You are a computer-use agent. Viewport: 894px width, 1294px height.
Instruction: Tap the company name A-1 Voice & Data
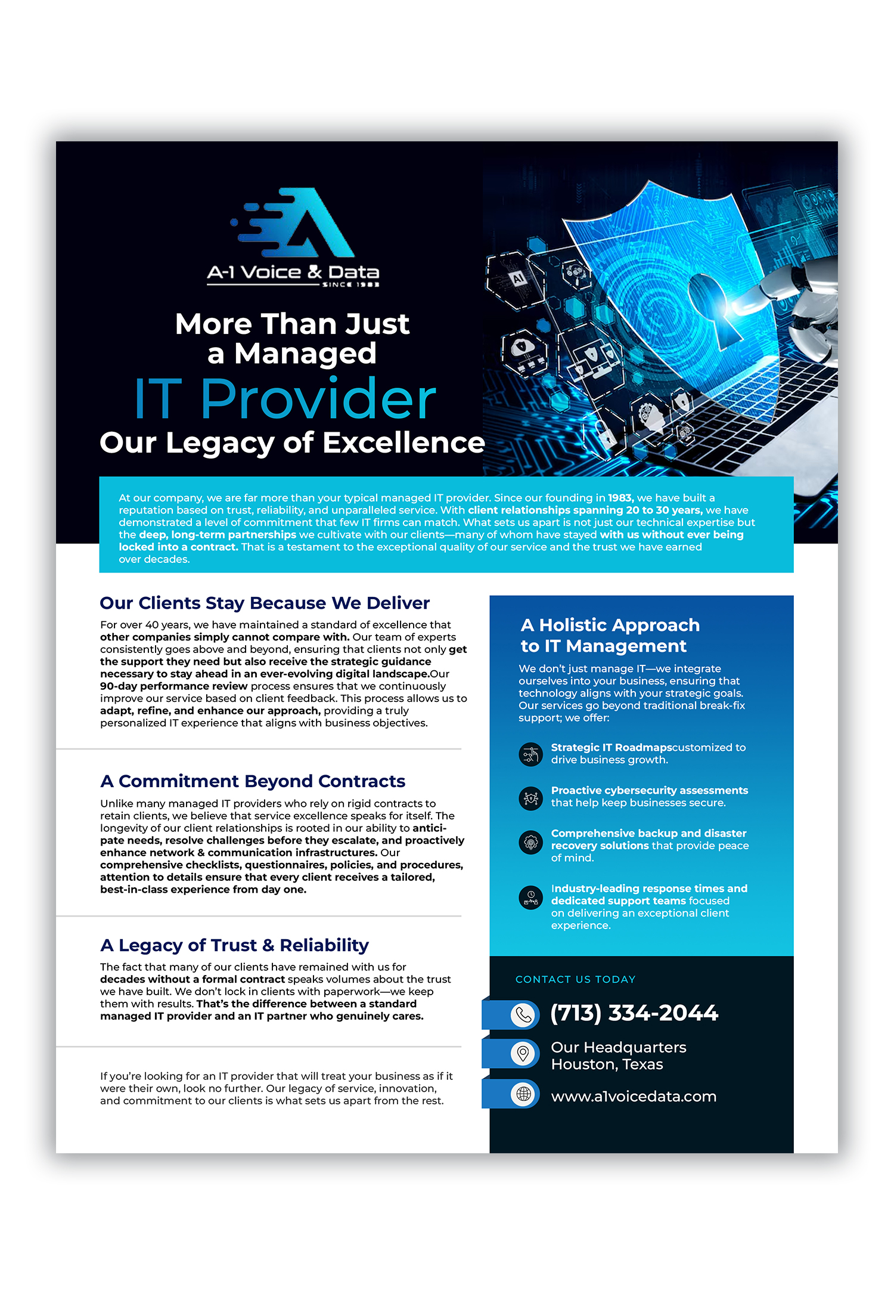[293, 273]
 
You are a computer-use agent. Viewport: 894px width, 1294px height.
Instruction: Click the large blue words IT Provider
[285, 398]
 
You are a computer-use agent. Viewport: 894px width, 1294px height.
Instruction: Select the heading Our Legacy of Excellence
[292, 443]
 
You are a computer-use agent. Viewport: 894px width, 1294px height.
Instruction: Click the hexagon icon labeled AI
[518, 278]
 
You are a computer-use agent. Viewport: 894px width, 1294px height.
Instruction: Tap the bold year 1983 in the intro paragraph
[620, 498]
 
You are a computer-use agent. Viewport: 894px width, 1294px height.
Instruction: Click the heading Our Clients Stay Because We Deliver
[265, 603]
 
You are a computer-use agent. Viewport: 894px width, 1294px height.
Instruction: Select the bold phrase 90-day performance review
[174, 686]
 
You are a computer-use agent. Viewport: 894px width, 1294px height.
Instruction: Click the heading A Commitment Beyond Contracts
[253, 781]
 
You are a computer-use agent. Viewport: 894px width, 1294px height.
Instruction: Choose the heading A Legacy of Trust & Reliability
[234, 945]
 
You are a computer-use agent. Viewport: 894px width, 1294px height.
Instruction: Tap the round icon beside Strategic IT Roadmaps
[530, 754]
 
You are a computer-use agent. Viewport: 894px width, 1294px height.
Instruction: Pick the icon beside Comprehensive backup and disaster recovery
[530, 842]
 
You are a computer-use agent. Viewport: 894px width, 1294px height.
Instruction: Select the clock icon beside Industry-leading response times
[530, 897]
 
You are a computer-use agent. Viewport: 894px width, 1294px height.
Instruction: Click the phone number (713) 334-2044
[634, 1013]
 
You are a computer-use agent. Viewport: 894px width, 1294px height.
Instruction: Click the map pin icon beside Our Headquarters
[523, 1054]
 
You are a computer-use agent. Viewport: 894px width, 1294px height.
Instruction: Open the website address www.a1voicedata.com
[634, 1096]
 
